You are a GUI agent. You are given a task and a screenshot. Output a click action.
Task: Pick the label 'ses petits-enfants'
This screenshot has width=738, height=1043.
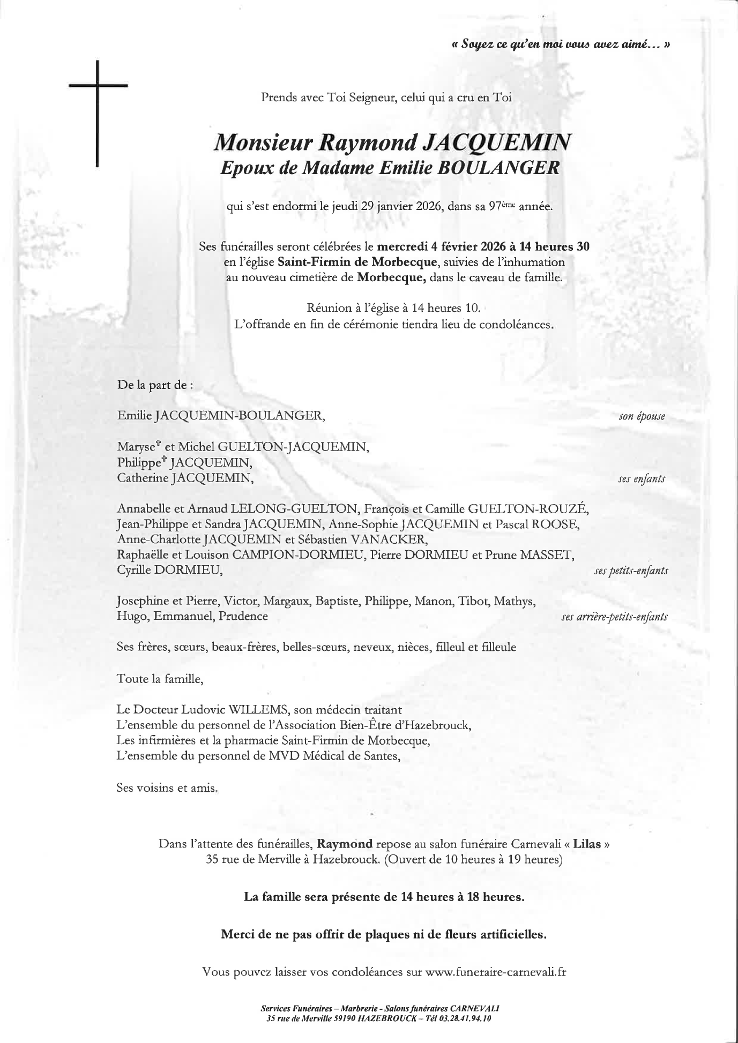[x=631, y=571]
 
